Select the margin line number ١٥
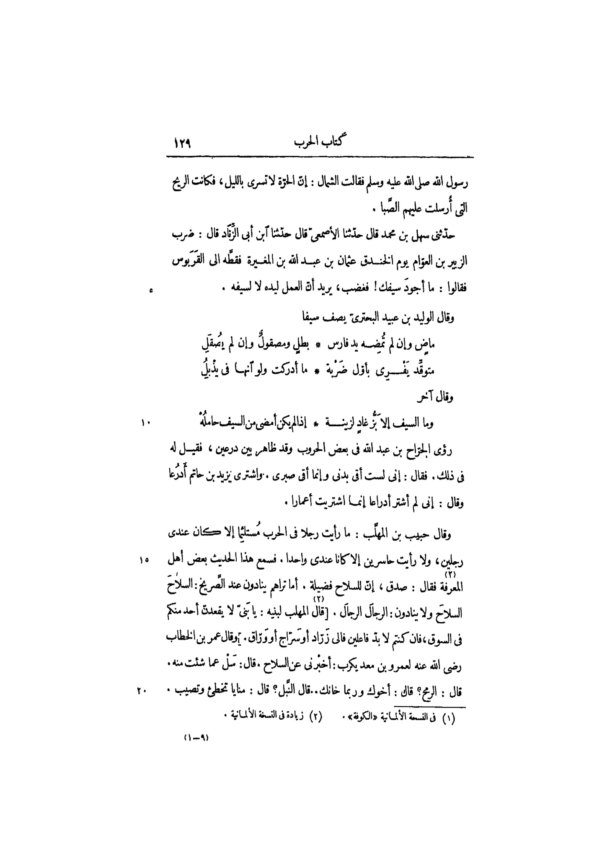(145, 560)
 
